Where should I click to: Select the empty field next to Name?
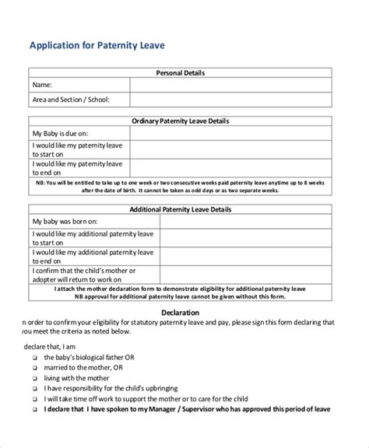[x=230, y=85]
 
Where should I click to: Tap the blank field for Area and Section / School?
[x=230, y=99]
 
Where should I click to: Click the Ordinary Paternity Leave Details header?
[x=180, y=121]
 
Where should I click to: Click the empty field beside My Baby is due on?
[x=230, y=134]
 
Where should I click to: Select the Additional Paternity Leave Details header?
[x=180, y=209]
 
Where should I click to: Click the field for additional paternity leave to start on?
[x=230, y=239]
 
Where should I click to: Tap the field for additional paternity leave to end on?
[x=230, y=257]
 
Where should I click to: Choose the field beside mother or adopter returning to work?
[x=230, y=275]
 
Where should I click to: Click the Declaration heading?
[x=180, y=313]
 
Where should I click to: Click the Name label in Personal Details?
[x=42, y=85]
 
